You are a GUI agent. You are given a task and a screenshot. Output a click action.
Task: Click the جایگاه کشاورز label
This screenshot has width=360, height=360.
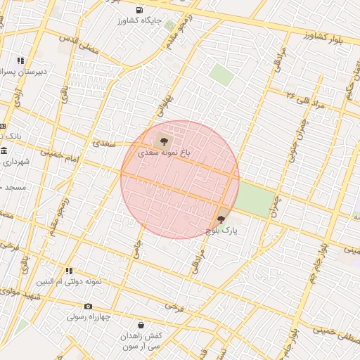pos(143,22)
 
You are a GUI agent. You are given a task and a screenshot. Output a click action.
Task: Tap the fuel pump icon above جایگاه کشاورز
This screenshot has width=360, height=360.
pos(140,10)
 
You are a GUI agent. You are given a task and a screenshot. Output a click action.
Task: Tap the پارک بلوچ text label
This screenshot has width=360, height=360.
pos(222,230)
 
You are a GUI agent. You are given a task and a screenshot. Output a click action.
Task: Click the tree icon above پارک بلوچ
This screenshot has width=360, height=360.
pos(221,219)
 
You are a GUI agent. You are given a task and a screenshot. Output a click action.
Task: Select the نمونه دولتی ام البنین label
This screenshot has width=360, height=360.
pos(70,282)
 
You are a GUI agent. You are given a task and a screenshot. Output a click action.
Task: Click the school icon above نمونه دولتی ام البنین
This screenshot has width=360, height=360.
pos(69,271)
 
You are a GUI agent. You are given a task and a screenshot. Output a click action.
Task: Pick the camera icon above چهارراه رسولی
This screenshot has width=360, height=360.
pos(88,306)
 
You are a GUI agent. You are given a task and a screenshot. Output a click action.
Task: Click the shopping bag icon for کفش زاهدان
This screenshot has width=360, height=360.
pos(141,326)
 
